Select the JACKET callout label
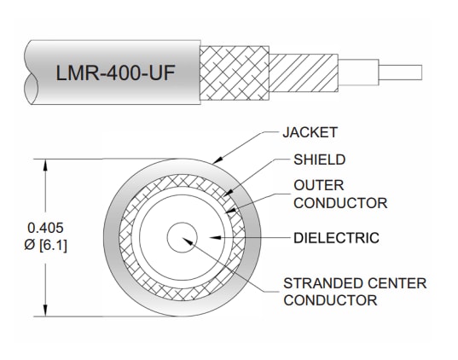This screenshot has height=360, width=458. point(309,132)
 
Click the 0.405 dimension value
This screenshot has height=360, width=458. point(44,227)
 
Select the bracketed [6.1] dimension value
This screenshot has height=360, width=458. point(54,246)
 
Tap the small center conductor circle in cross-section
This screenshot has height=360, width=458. point(181,239)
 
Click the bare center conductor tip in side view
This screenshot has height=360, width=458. point(401,71)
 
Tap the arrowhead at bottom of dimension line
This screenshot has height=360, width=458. point(45,315)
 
